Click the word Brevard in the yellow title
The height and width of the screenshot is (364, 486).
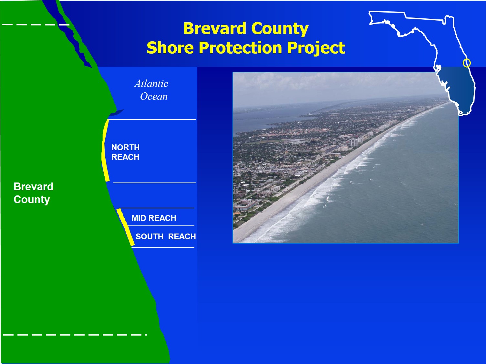[215, 28]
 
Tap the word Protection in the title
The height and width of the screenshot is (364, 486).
[240, 47]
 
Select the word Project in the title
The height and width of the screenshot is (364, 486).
[316, 48]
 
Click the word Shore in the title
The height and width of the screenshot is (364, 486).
[170, 47]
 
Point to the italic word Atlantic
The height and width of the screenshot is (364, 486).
[151, 84]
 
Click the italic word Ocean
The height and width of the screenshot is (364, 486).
[154, 97]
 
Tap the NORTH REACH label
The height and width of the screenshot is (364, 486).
[125, 152]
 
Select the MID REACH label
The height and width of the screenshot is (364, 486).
[154, 218]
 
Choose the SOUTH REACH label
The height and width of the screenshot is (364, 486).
[166, 236]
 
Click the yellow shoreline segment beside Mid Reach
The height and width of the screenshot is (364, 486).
[126, 227]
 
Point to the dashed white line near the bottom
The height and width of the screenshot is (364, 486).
[75, 335]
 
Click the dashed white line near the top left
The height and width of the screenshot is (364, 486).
[36, 25]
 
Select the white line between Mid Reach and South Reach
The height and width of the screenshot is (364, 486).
[161, 226]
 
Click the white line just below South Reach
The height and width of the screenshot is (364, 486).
[163, 247]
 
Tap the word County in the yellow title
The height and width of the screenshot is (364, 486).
[280, 29]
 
